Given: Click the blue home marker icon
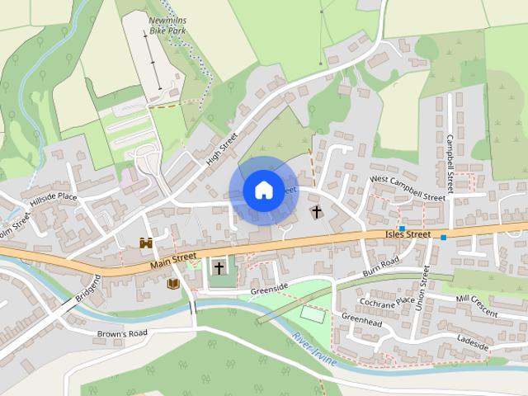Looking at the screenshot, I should pyautogui.click(x=262, y=190).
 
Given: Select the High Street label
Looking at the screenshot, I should pyautogui.click(x=222, y=148).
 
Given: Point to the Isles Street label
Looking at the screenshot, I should pyautogui.click(x=408, y=235).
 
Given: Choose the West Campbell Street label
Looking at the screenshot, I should pyautogui.click(x=408, y=188).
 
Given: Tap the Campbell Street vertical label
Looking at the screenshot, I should pyautogui.click(x=450, y=159).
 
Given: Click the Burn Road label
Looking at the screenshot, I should pyautogui.click(x=380, y=266).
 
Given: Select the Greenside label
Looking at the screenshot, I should pyautogui.click(x=270, y=288).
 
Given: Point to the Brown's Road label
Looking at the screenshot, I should pyautogui.click(x=121, y=333).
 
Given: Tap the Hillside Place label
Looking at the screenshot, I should pyautogui.click(x=54, y=198).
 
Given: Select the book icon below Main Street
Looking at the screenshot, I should pyautogui.click(x=173, y=284).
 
